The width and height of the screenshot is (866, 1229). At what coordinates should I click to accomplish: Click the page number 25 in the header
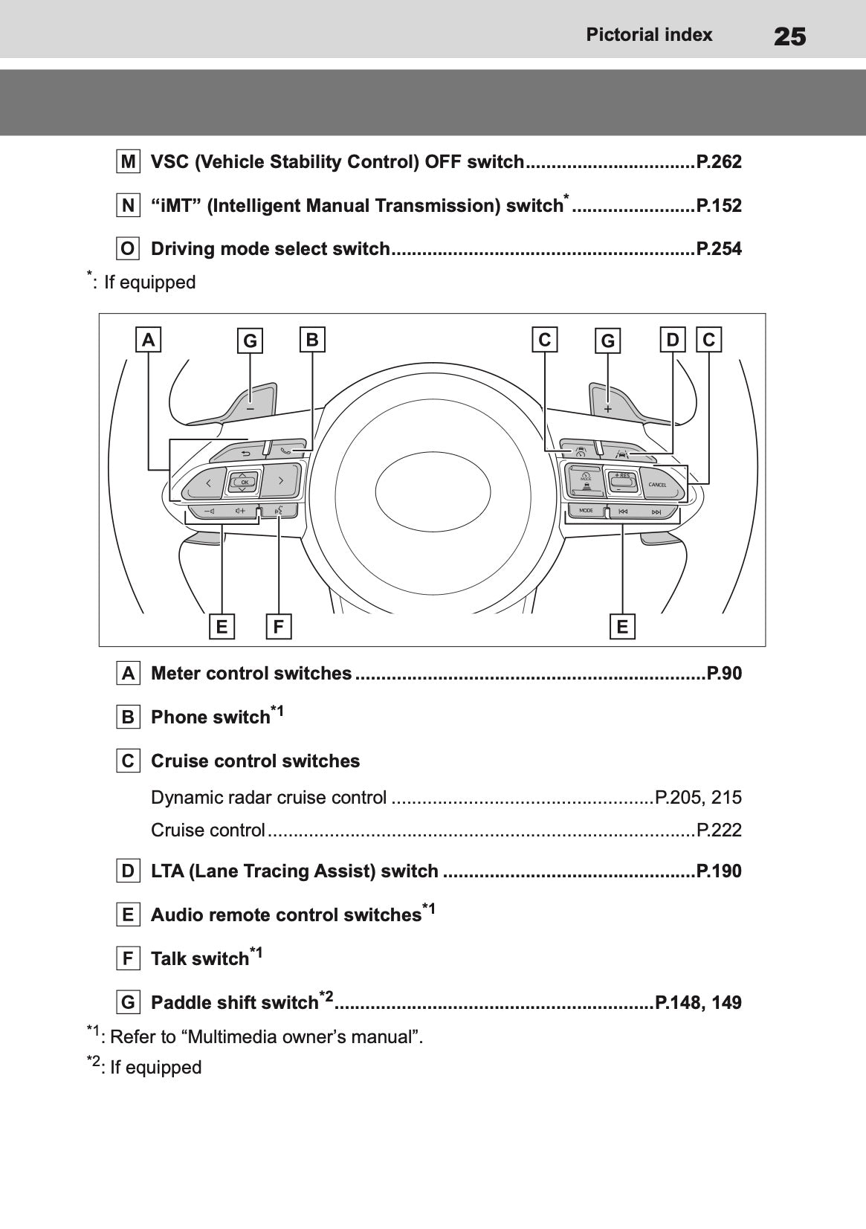click(x=789, y=36)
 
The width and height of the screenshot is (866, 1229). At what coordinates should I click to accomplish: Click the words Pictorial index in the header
click(x=649, y=35)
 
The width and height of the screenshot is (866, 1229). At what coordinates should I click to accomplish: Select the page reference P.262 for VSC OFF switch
click(x=718, y=162)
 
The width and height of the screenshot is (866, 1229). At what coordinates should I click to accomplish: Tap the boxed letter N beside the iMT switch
click(x=129, y=206)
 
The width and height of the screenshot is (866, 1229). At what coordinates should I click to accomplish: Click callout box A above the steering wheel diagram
click(x=149, y=340)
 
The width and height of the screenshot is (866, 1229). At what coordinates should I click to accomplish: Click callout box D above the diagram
click(x=673, y=340)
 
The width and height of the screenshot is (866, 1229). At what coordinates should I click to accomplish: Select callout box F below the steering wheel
click(x=279, y=626)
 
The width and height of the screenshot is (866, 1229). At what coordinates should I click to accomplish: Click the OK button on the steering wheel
click(x=244, y=482)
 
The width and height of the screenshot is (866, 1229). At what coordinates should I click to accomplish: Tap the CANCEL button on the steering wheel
click(x=658, y=485)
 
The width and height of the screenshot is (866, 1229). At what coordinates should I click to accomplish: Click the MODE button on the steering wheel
click(x=587, y=511)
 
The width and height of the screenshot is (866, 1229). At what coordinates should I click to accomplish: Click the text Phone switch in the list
click(x=210, y=717)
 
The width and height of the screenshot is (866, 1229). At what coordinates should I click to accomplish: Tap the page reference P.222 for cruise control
click(x=718, y=830)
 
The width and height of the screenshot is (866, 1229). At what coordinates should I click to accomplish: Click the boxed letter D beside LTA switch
click(x=129, y=871)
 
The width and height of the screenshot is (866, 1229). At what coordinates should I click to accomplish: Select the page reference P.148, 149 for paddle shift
click(x=698, y=1002)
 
